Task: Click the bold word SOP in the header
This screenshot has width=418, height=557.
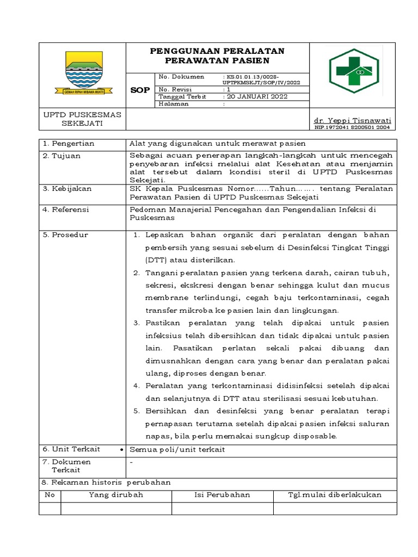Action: click(x=140, y=90)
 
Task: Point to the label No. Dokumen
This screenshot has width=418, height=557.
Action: click(x=181, y=77)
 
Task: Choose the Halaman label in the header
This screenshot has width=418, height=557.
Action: click(x=174, y=103)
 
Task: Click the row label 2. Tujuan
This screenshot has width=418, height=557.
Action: click(x=62, y=156)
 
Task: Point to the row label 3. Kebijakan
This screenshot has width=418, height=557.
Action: click(x=67, y=188)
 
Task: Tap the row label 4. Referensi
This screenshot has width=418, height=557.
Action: click(x=66, y=209)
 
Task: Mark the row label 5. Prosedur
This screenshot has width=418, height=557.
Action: click(x=65, y=234)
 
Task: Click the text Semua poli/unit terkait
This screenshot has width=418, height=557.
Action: click(x=176, y=449)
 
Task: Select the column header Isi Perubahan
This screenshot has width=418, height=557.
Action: click(x=222, y=494)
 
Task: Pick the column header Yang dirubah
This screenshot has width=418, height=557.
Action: click(x=116, y=494)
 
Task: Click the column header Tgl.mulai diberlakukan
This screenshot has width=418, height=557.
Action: click(x=334, y=494)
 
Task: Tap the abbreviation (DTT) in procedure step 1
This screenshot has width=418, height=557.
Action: click(x=157, y=260)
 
